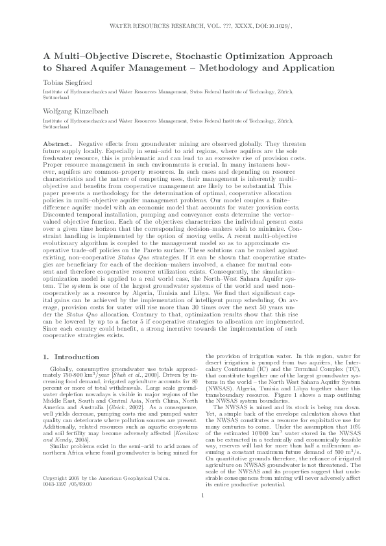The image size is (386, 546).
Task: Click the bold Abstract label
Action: pos(56,142)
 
